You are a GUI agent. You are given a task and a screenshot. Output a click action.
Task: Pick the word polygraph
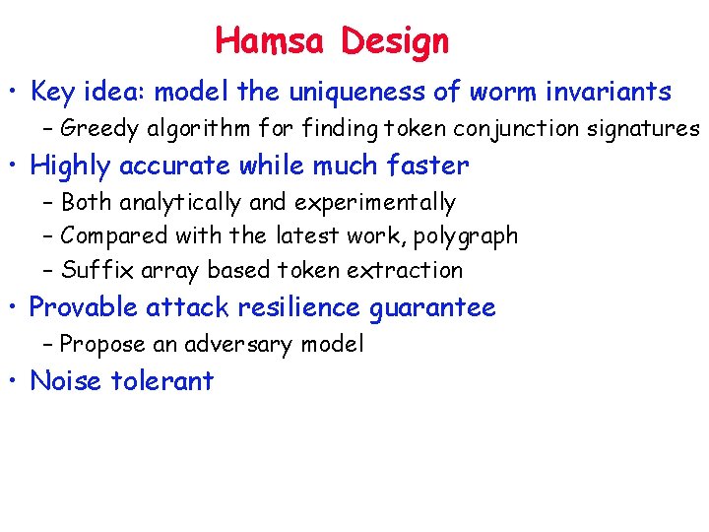tap(469, 236)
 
